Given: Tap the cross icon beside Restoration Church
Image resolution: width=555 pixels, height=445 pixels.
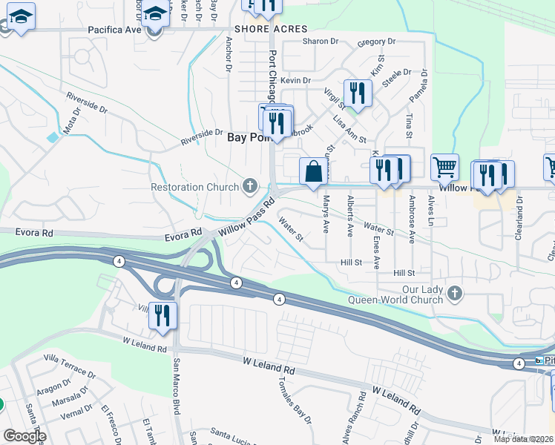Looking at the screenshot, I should point(250,186).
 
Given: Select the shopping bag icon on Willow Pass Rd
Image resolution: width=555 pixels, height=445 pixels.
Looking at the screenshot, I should point(314,171).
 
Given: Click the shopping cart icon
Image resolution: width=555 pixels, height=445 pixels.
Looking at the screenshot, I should point(444,168).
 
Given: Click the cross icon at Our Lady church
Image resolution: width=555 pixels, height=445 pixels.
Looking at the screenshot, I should point(455,294).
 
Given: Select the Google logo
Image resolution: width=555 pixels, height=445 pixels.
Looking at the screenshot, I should point(24,436).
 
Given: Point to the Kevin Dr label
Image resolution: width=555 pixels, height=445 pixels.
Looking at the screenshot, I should point(296,80).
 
